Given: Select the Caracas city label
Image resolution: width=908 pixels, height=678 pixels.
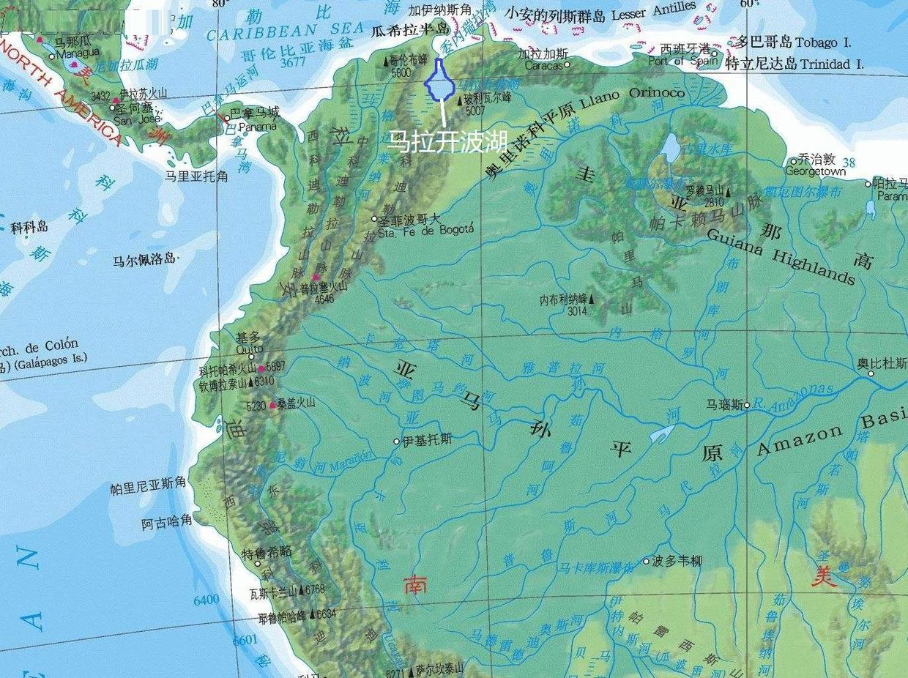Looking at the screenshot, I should (543, 65).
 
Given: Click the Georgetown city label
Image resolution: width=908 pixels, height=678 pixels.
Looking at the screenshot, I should (815, 171).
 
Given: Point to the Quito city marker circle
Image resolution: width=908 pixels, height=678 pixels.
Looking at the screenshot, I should (251, 357).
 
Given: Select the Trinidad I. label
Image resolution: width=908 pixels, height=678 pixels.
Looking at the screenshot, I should (830, 64).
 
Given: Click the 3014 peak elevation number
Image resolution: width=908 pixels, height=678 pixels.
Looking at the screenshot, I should (577, 310).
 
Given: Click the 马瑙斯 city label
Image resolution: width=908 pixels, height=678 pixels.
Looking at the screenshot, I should (724, 403).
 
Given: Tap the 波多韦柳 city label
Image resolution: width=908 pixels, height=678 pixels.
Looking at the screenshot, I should (677, 561).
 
